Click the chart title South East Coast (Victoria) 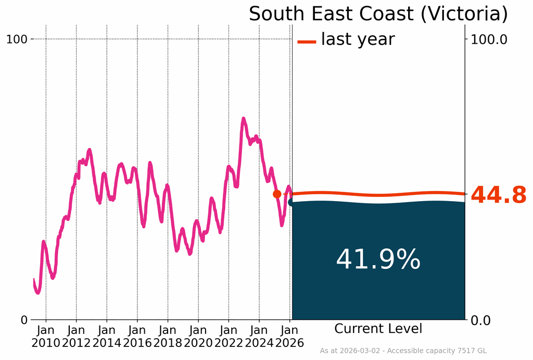pyautogui.click(x=378, y=14)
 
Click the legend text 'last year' pyautogui.click(x=358, y=39)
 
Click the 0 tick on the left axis pyautogui.click(x=24, y=320)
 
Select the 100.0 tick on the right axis pyautogui.click(x=489, y=39)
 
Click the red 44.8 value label pyautogui.click(x=499, y=195)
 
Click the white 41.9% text pyautogui.click(x=378, y=259)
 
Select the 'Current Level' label pyautogui.click(x=378, y=329)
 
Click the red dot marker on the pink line pyautogui.click(x=277, y=194)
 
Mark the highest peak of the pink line pyautogui.click(x=243, y=119)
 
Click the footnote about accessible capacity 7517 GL pyautogui.click(x=403, y=351)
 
